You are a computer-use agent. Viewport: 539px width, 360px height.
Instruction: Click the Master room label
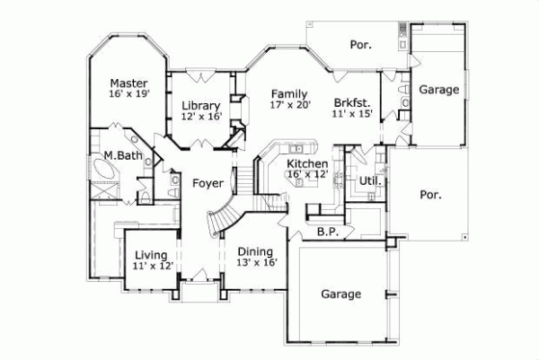pyautogui.click(x=128, y=79)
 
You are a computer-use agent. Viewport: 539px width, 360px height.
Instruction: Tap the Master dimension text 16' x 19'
pyautogui.click(x=128, y=92)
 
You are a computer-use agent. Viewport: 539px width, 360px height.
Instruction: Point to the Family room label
pyautogui.click(x=289, y=92)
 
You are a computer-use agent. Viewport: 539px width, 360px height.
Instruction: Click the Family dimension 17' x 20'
pyautogui.click(x=289, y=105)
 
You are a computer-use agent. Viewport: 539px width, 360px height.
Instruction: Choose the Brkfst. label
pyautogui.click(x=352, y=102)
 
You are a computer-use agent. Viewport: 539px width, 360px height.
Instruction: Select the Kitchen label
pyautogui.click(x=306, y=162)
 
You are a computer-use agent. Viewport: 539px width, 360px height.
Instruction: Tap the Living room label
pyautogui.click(x=150, y=253)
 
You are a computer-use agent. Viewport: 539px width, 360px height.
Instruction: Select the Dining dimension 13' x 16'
pyautogui.click(x=256, y=262)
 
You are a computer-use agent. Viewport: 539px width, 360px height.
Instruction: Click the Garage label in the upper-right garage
pyautogui.click(x=439, y=90)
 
